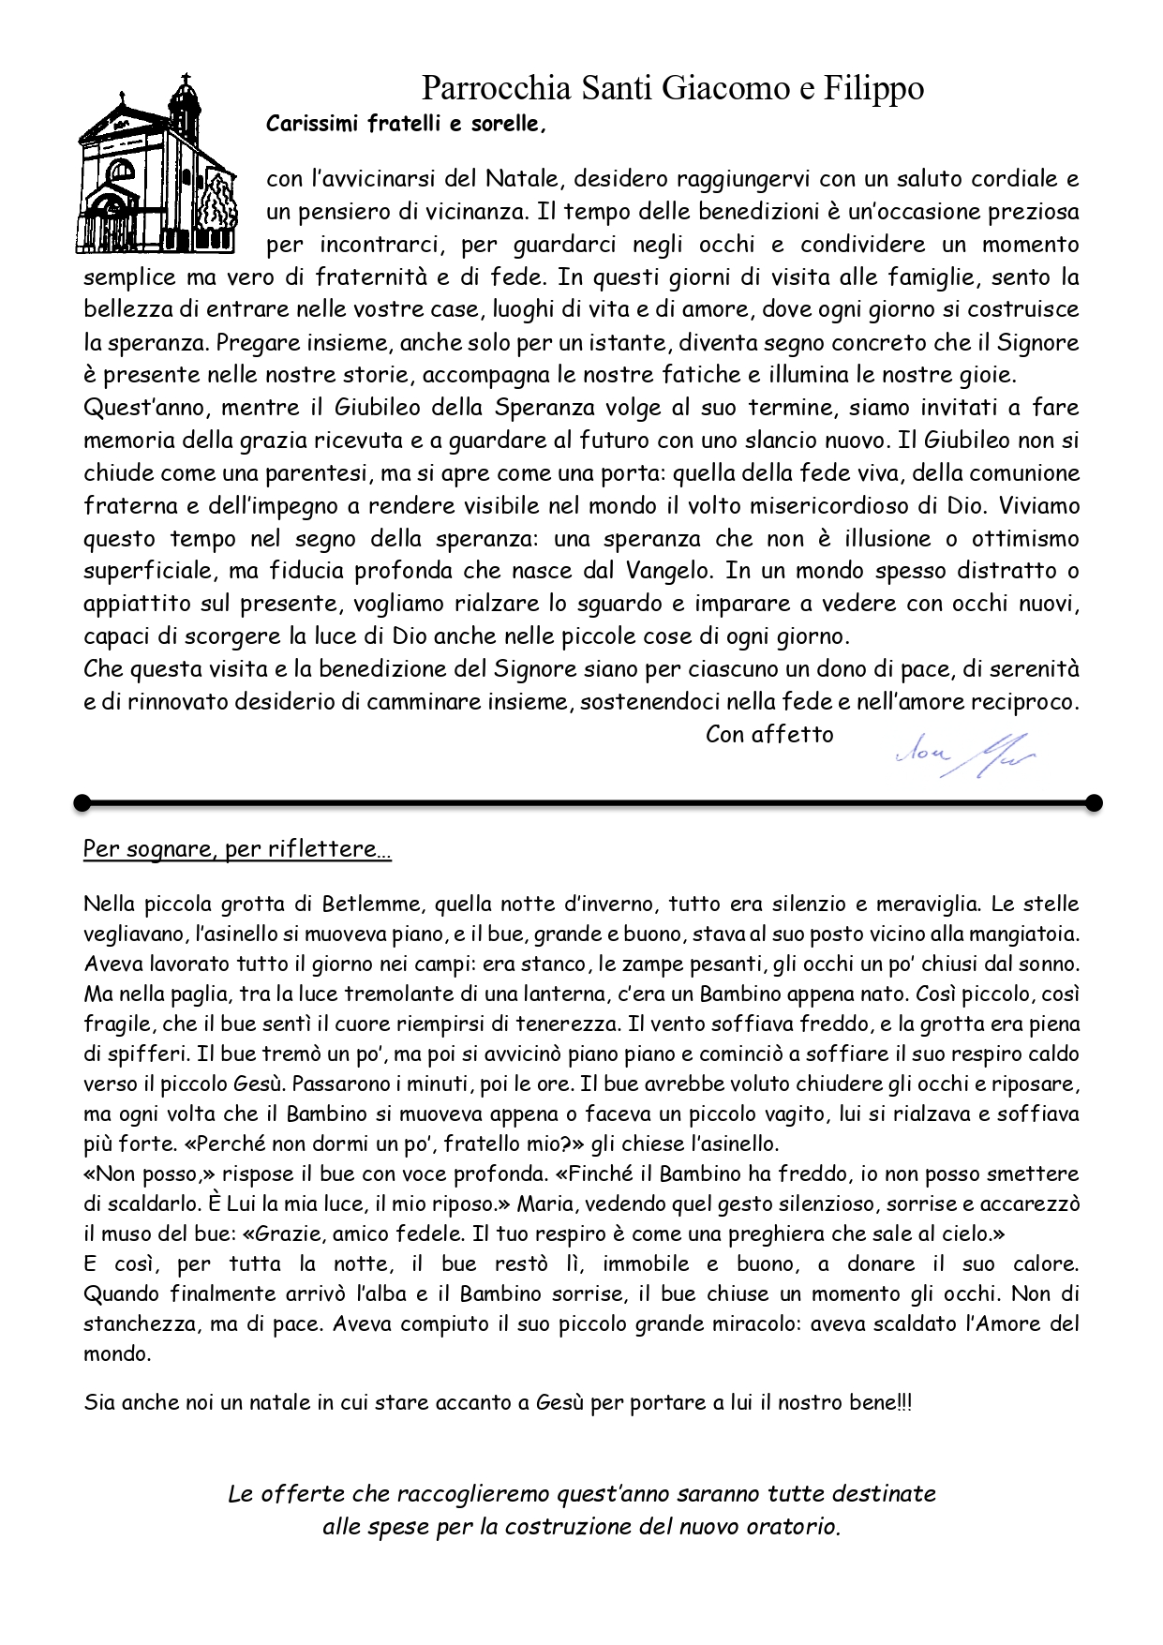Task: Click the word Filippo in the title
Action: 873,88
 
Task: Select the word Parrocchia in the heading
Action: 496,88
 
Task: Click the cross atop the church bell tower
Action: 185,79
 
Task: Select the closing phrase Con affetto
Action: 769,734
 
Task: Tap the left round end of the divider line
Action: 82,802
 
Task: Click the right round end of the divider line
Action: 1093,802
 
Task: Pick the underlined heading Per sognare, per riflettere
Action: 236,849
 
